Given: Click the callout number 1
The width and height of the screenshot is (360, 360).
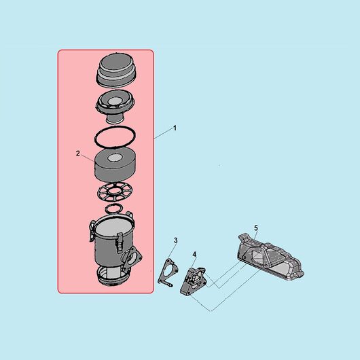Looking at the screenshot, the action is click(175, 128).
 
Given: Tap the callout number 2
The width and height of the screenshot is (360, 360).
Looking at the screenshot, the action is click(78, 154).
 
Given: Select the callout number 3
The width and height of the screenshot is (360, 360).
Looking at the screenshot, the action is click(176, 240).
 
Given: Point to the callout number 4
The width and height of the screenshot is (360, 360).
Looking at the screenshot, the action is click(194, 255).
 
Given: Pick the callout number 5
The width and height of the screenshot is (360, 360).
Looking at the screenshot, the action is click(256, 228).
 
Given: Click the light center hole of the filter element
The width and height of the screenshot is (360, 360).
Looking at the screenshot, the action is click(115, 158).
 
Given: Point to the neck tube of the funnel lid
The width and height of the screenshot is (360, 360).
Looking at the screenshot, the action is click(115, 119).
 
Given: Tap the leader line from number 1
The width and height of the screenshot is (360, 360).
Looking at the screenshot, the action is click(163, 134).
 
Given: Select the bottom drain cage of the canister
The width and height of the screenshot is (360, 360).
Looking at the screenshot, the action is click(113, 276).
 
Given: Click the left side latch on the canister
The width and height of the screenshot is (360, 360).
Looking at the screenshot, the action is click(92, 231).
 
